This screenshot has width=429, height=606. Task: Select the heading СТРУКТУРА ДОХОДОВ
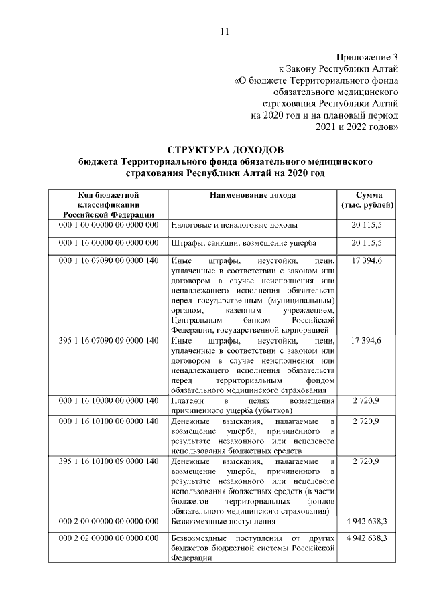tap(225, 148)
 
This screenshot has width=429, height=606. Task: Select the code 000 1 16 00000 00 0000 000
tap(108, 242)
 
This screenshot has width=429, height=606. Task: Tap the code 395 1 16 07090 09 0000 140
tap(108, 341)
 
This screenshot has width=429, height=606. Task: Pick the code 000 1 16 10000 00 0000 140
tap(108, 400)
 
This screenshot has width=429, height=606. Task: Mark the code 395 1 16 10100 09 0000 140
tap(108, 461)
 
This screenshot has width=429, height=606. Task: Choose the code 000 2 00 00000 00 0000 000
tap(108, 521)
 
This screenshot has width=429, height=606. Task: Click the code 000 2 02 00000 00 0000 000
tap(108, 538)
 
